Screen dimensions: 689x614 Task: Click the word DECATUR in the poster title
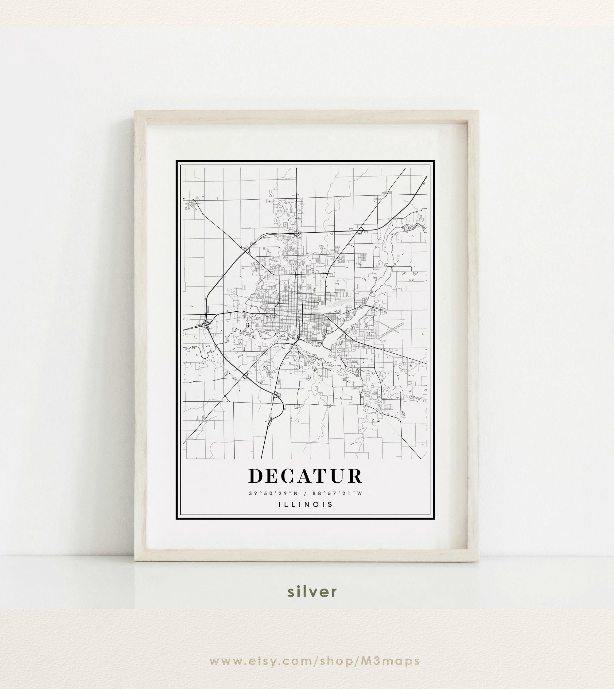coord(305,476)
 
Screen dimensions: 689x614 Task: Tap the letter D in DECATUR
coord(256,476)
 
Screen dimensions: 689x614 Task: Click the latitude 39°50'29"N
coord(274,493)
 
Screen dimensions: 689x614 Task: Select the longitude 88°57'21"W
coord(337,493)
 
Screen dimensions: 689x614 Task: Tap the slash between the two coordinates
coord(305,493)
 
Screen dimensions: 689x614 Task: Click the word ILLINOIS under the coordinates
coord(305,504)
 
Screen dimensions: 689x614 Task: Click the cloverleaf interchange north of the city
coord(297,233)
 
